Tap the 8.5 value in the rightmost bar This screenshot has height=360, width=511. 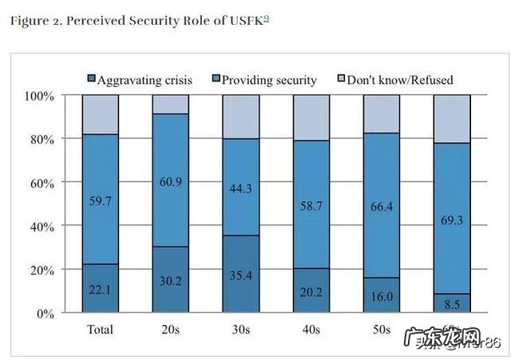451,303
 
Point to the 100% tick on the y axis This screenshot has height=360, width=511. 39,96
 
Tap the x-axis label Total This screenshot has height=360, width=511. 100,330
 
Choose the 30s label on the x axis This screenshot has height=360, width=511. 241,330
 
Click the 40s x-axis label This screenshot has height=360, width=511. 312,330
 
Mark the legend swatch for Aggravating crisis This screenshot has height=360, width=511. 91,79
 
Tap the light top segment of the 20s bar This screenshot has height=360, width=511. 171,105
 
